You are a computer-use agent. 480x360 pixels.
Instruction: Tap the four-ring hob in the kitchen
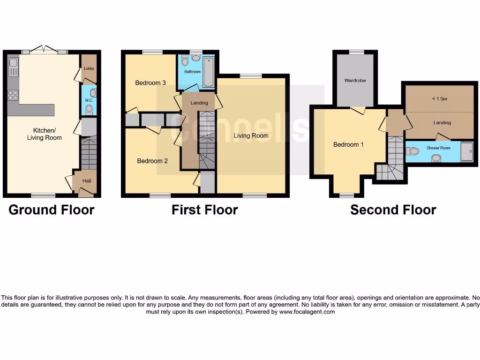click(13, 95)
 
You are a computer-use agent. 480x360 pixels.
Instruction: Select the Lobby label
click(89, 68)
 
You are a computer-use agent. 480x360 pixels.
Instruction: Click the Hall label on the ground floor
click(87, 181)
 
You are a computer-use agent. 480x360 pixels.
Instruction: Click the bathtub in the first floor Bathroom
click(208, 72)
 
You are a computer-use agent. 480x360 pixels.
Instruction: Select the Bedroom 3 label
click(150, 83)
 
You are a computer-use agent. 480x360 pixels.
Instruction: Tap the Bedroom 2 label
click(152, 161)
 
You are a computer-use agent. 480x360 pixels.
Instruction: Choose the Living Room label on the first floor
click(251, 135)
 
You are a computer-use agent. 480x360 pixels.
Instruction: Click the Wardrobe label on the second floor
click(355, 81)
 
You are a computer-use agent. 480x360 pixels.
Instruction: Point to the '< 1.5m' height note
click(439, 99)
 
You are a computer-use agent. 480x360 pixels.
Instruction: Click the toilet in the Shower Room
click(412, 151)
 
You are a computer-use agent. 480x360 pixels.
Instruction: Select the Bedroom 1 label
click(348, 144)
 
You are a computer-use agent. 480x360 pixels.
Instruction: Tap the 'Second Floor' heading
click(393, 210)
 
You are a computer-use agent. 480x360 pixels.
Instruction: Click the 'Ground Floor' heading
click(52, 210)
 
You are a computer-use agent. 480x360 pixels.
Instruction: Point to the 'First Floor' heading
click(204, 210)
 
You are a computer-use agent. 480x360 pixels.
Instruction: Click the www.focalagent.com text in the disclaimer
click(307, 312)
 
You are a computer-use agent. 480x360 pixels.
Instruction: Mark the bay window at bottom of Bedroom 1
click(346, 195)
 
